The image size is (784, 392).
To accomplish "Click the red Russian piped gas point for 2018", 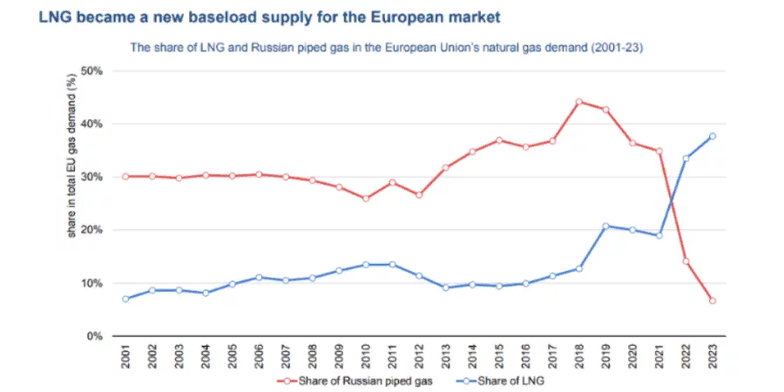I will [x=578, y=102].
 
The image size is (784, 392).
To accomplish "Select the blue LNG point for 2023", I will [x=713, y=136].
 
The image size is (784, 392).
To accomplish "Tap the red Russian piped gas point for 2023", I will [x=713, y=301].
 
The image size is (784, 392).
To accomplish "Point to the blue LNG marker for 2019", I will [x=605, y=226].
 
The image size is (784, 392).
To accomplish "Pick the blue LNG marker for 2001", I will [x=125, y=299].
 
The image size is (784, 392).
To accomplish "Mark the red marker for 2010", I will [x=366, y=199].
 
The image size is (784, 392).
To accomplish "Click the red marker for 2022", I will [x=686, y=260].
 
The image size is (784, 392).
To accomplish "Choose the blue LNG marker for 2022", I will [x=686, y=159].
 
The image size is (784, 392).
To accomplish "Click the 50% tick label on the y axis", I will [x=92, y=71].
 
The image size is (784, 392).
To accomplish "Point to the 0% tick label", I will [x=95, y=336].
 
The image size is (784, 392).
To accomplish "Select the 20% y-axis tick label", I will [x=92, y=230].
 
